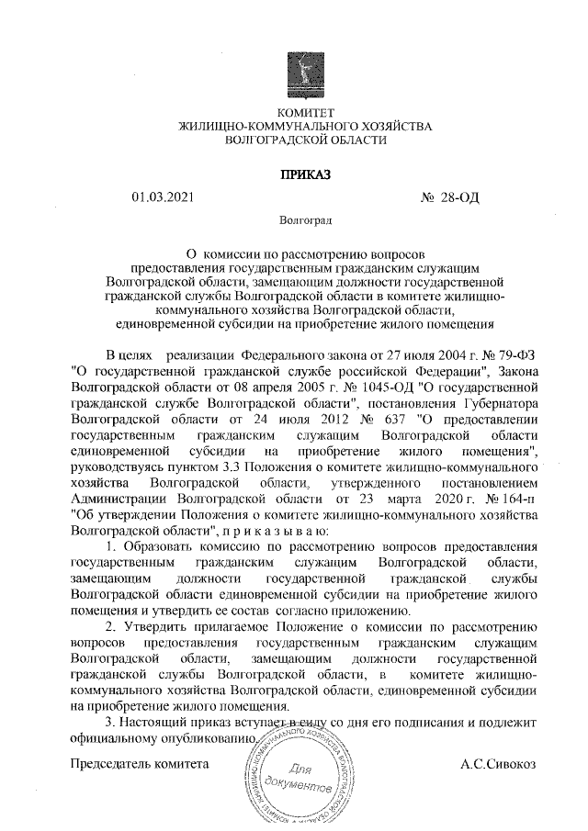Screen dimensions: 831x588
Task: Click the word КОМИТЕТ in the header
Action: (x=294, y=112)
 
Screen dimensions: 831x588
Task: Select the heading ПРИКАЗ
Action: (x=294, y=174)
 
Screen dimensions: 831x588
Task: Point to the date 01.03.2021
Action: (x=164, y=197)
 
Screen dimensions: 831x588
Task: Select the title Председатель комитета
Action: (x=141, y=763)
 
